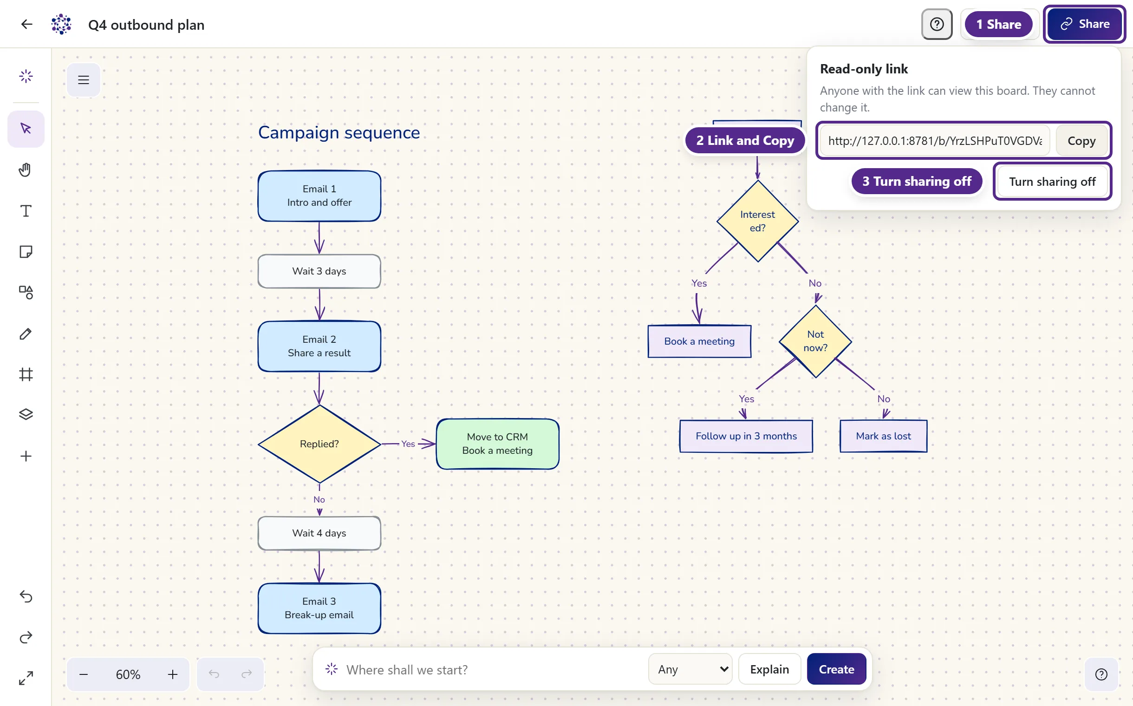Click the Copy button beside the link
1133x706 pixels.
click(1081, 141)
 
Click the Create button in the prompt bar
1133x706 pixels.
click(837, 669)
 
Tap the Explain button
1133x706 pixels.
click(769, 669)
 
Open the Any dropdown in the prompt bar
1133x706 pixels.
click(690, 669)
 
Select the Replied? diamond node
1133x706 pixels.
click(319, 444)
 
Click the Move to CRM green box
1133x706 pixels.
click(498, 444)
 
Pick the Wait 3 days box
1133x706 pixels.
click(319, 271)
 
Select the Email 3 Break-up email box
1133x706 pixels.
click(319, 608)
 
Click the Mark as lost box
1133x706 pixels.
click(883, 436)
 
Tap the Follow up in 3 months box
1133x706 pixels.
click(746, 436)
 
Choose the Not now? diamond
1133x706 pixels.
click(815, 341)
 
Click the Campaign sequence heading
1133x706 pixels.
click(339, 133)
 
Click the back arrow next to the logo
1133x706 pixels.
click(26, 24)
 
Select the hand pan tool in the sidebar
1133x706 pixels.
click(26, 170)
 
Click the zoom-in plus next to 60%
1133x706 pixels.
click(173, 674)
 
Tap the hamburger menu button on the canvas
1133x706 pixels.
click(84, 80)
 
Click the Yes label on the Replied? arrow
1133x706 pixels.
click(408, 444)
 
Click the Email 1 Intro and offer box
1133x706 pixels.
click(319, 196)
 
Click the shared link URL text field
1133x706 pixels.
click(935, 141)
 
